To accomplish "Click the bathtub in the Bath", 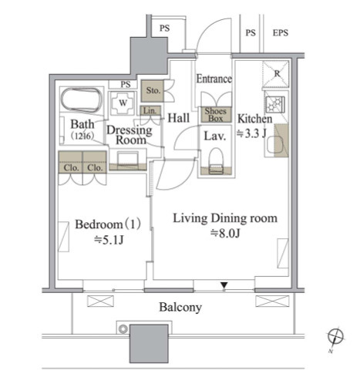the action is coord(82,99).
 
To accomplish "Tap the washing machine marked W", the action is coord(123,103).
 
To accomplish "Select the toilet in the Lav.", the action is coord(216,161).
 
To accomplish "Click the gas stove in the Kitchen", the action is coord(275,104).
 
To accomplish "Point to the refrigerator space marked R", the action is coord(276,74).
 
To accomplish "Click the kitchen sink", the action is coord(275,145).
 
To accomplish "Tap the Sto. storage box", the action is coord(153,90).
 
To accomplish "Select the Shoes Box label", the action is coord(216,115).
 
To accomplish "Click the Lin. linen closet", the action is coord(150,111).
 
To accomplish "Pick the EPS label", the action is coord(280,33).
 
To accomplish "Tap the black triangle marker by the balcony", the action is coord(224,285).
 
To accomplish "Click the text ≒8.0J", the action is coord(225,234).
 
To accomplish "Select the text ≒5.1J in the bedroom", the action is coord(109,240).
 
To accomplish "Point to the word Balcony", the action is coord(180,307).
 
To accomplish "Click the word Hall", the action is coord(179,118).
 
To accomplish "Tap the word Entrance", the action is coord(214,79).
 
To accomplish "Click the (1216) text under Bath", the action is coord(82,136).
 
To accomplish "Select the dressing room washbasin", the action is coord(128,159).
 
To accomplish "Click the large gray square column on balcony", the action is coord(149,344).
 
